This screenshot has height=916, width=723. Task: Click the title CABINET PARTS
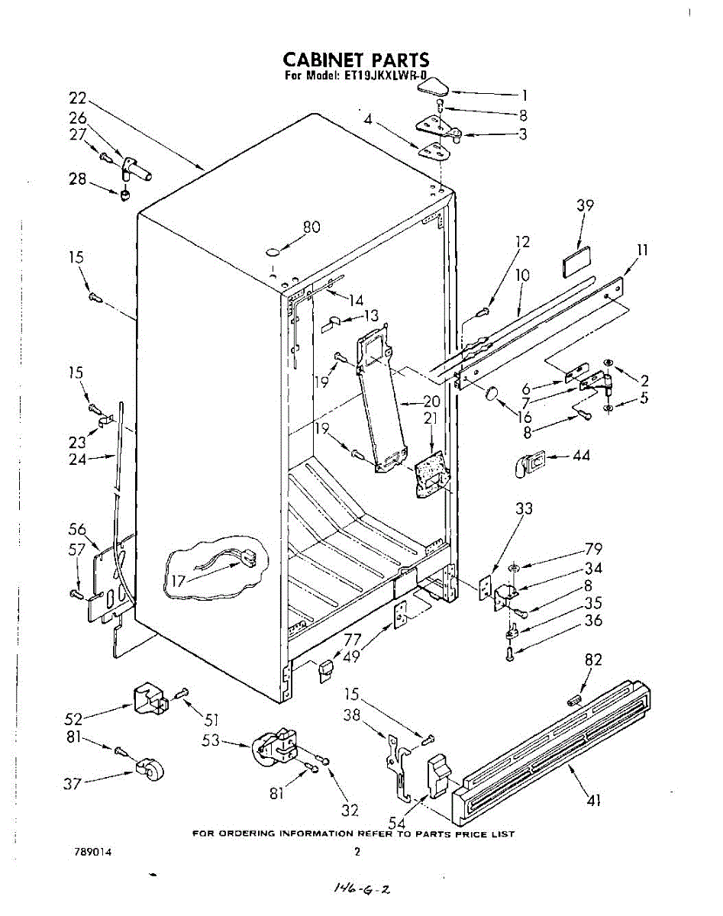click(356, 60)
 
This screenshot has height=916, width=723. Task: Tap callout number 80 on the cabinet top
click(311, 227)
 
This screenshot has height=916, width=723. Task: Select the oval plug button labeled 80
click(273, 250)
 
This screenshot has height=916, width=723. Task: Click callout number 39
click(585, 205)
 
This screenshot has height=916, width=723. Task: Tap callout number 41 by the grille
click(594, 800)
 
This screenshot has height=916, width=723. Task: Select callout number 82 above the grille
click(592, 660)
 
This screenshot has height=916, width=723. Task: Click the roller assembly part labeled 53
click(275, 746)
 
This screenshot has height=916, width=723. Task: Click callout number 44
click(581, 456)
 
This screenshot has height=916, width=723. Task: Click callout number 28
click(78, 179)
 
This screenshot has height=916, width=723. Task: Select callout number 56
click(77, 530)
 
